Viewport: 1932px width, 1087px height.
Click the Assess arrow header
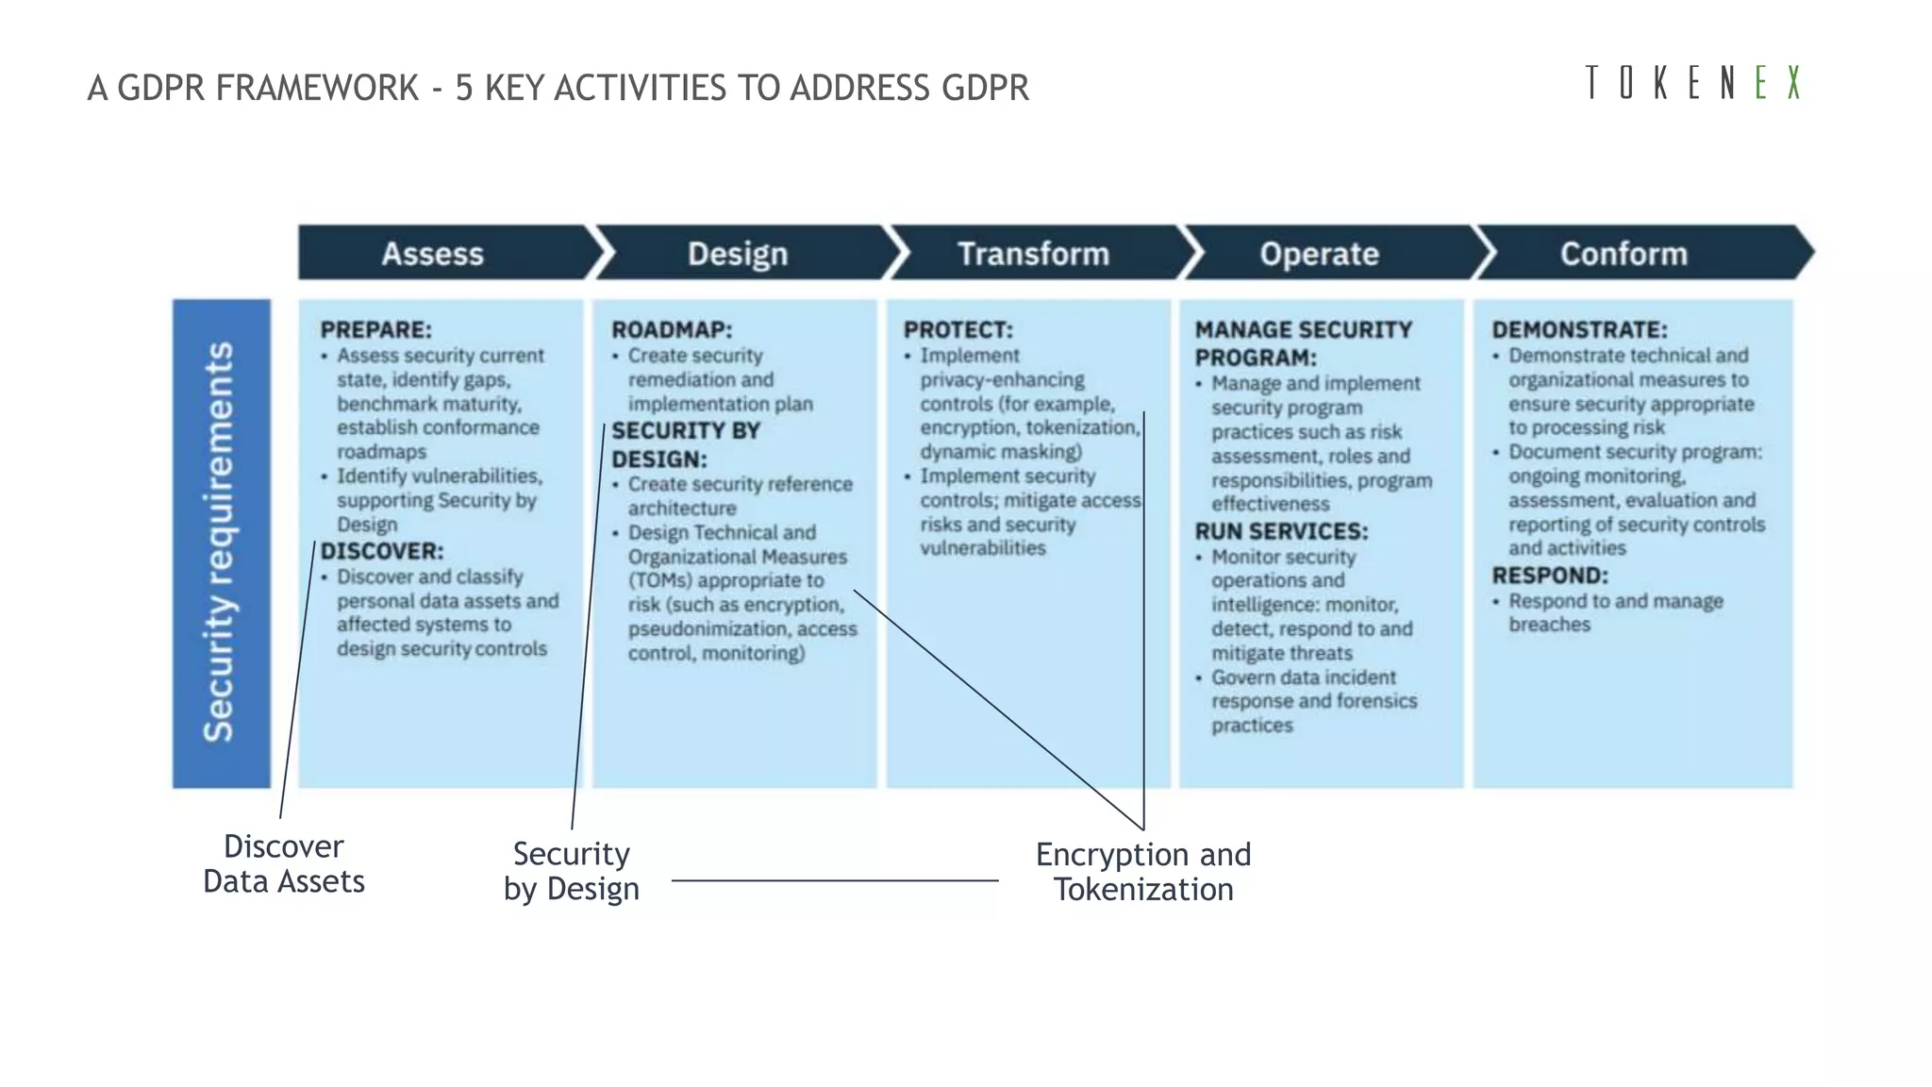point(433,254)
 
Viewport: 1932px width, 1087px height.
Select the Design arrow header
point(737,254)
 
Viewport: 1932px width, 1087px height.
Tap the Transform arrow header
point(1033,254)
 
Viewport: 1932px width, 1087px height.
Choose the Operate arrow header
point(1319,254)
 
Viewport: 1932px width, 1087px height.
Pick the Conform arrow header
point(1623,254)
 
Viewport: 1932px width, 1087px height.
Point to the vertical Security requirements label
point(221,543)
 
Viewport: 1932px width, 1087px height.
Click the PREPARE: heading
point(375,329)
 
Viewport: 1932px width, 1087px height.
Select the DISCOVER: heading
point(381,551)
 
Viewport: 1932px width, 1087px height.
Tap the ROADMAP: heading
point(671,329)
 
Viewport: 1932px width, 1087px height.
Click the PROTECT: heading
point(958,329)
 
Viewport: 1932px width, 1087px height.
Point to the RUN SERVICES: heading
point(1281,531)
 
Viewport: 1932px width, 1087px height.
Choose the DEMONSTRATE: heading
point(1579,329)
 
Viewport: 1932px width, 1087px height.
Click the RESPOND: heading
point(1549,576)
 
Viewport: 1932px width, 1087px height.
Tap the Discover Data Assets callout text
point(284,863)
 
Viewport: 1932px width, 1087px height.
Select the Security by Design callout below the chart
point(572,871)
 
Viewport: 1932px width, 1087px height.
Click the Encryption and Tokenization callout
point(1143,872)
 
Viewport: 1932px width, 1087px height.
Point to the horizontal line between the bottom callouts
point(835,880)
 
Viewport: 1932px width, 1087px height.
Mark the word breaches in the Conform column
point(1549,625)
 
